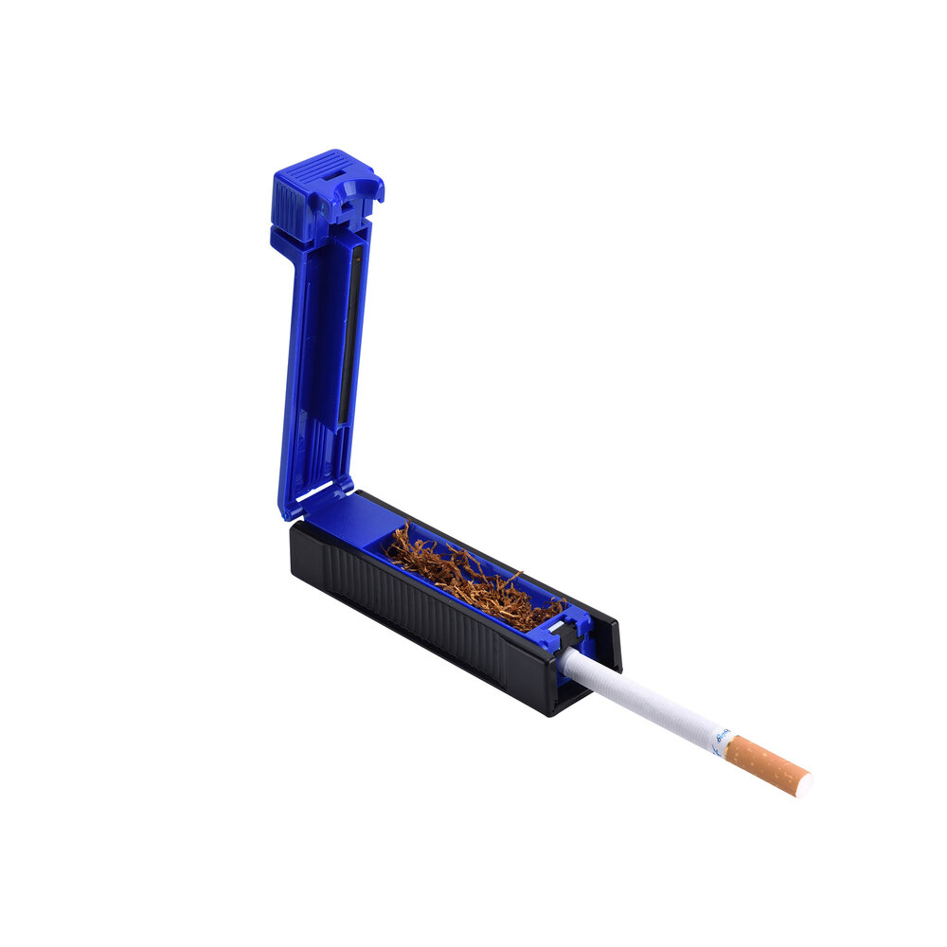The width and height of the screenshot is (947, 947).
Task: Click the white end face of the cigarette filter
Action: pos(804,785)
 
